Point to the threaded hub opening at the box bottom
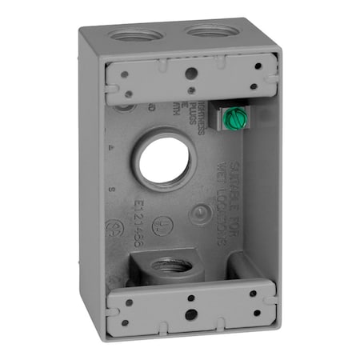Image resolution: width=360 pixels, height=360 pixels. (170, 264)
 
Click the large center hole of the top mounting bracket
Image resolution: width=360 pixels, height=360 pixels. (192, 73)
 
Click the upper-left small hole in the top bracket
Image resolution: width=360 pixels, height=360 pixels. (121, 67)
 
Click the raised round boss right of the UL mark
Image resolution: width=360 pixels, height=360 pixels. (198, 212)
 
